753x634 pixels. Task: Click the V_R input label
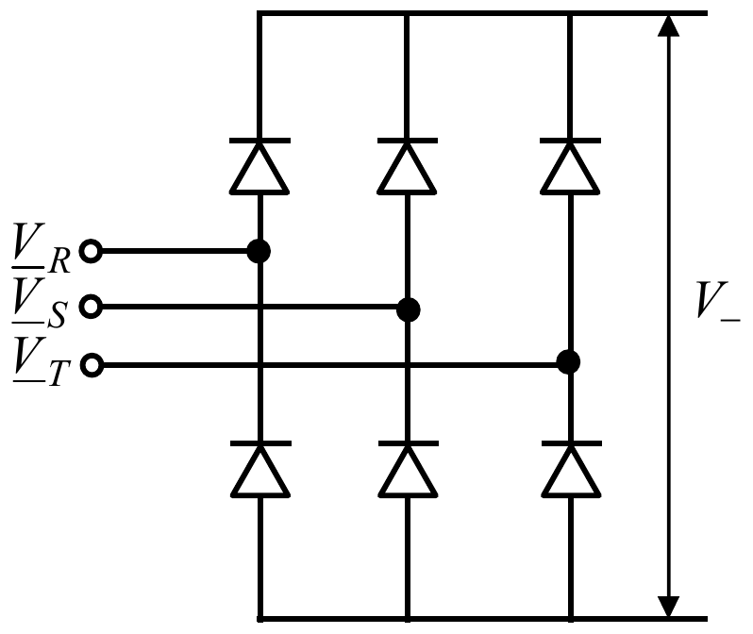coord(42,248)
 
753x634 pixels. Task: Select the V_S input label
coord(40,304)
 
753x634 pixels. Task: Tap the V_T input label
coord(42,361)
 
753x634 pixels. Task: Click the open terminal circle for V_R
coord(91,251)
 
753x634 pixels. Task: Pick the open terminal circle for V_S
coord(91,307)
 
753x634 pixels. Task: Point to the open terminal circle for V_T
coord(92,365)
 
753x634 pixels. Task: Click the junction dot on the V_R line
coord(259,251)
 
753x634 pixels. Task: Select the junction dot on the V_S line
coord(409,309)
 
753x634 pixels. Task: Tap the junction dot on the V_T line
coord(568,362)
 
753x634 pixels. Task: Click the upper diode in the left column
coord(259,166)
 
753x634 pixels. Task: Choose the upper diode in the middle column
coord(408,166)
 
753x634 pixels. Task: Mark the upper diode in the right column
coord(570,166)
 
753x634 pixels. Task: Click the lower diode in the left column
coord(260,469)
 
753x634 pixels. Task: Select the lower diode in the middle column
coord(409,469)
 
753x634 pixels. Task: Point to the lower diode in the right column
coord(572,469)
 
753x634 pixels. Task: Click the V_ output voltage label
coord(718,301)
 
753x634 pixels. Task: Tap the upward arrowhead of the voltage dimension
coord(668,25)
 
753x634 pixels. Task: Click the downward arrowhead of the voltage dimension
coord(668,607)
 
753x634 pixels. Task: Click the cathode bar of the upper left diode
coord(259,141)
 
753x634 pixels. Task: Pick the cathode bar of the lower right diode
coord(572,443)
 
